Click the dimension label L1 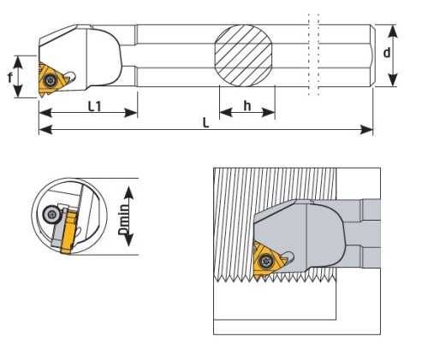pyautogui.click(x=94, y=107)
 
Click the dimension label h pyautogui.click(x=247, y=106)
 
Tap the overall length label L pyautogui.click(x=205, y=122)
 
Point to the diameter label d pyautogui.click(x=387, y=52)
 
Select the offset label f pyautogui.click(x=10, y=77)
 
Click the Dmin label pyautogui.click(x=123, y=219)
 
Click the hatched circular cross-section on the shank pyautogui.click(x=243, y=56)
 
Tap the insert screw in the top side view pyautogui.click(x=51, y=80)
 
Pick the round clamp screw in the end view pyautogui.click(x=51, y=214)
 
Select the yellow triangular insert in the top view pyautogui.click(x=52, y=80)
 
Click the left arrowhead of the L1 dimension pyautogui.click(x=45, y=113)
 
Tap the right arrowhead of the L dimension pyautogui.click(x=366, y=130)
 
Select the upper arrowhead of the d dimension pyautogui.click(x=393, y=31)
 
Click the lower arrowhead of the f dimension pyautogui.click(x=18, y=91)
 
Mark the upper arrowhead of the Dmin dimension pyautogui.click(x=129, y=192)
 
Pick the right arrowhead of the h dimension pyautogui.click(x=268, y=113)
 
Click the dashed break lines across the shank pyautogui.click(x=313, y=54)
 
